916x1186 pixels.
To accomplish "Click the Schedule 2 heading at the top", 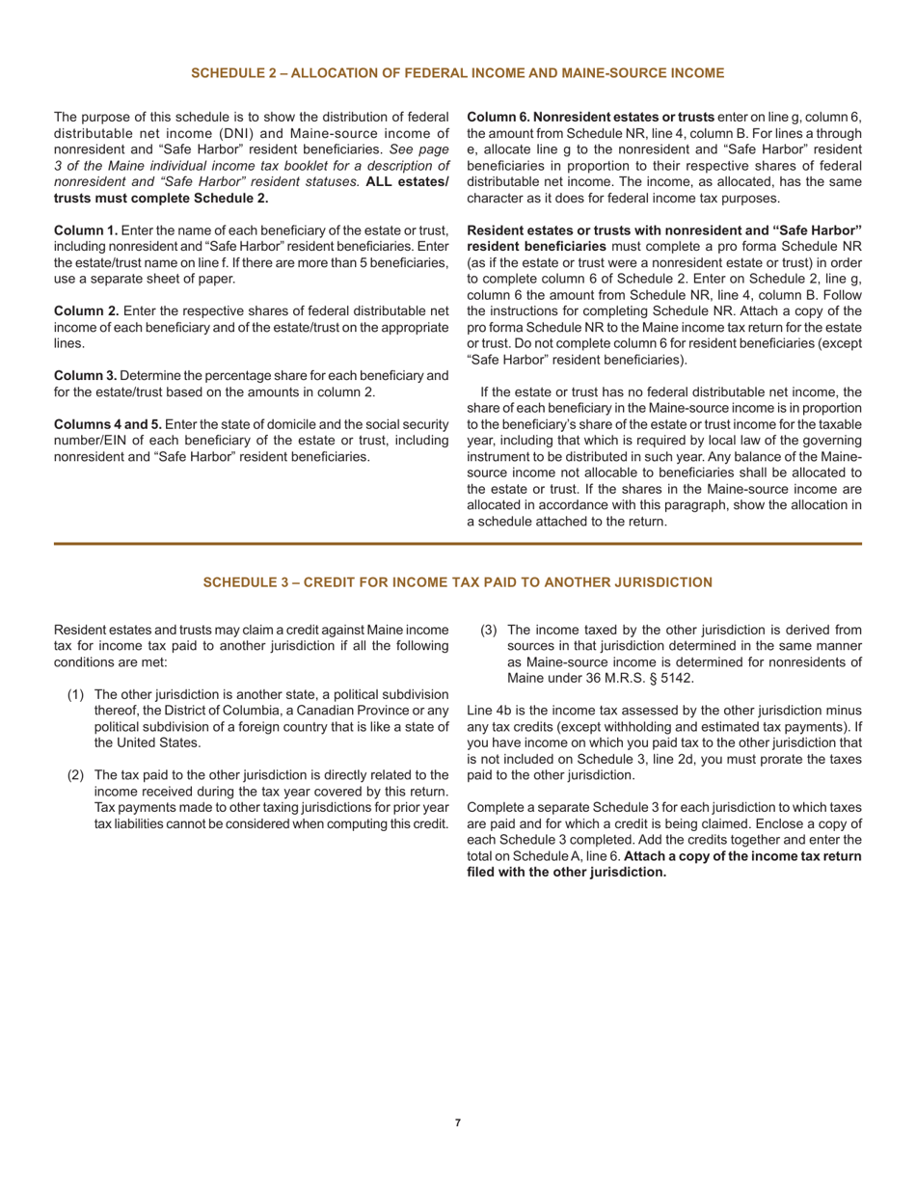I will click(x=457, y=72).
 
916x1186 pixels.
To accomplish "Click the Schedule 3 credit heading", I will click(x=457, y=581).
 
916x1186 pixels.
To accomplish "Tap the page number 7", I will click(x=458, y=1122).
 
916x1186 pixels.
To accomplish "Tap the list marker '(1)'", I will click(x=76, y=694).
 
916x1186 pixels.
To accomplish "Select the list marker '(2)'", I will click(x=76, y=774).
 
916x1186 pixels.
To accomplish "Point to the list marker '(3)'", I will click(x=490, y=631).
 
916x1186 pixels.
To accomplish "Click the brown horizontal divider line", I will click(x=457, y=544).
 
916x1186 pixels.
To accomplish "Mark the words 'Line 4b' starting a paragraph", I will click(x=491, y=711).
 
